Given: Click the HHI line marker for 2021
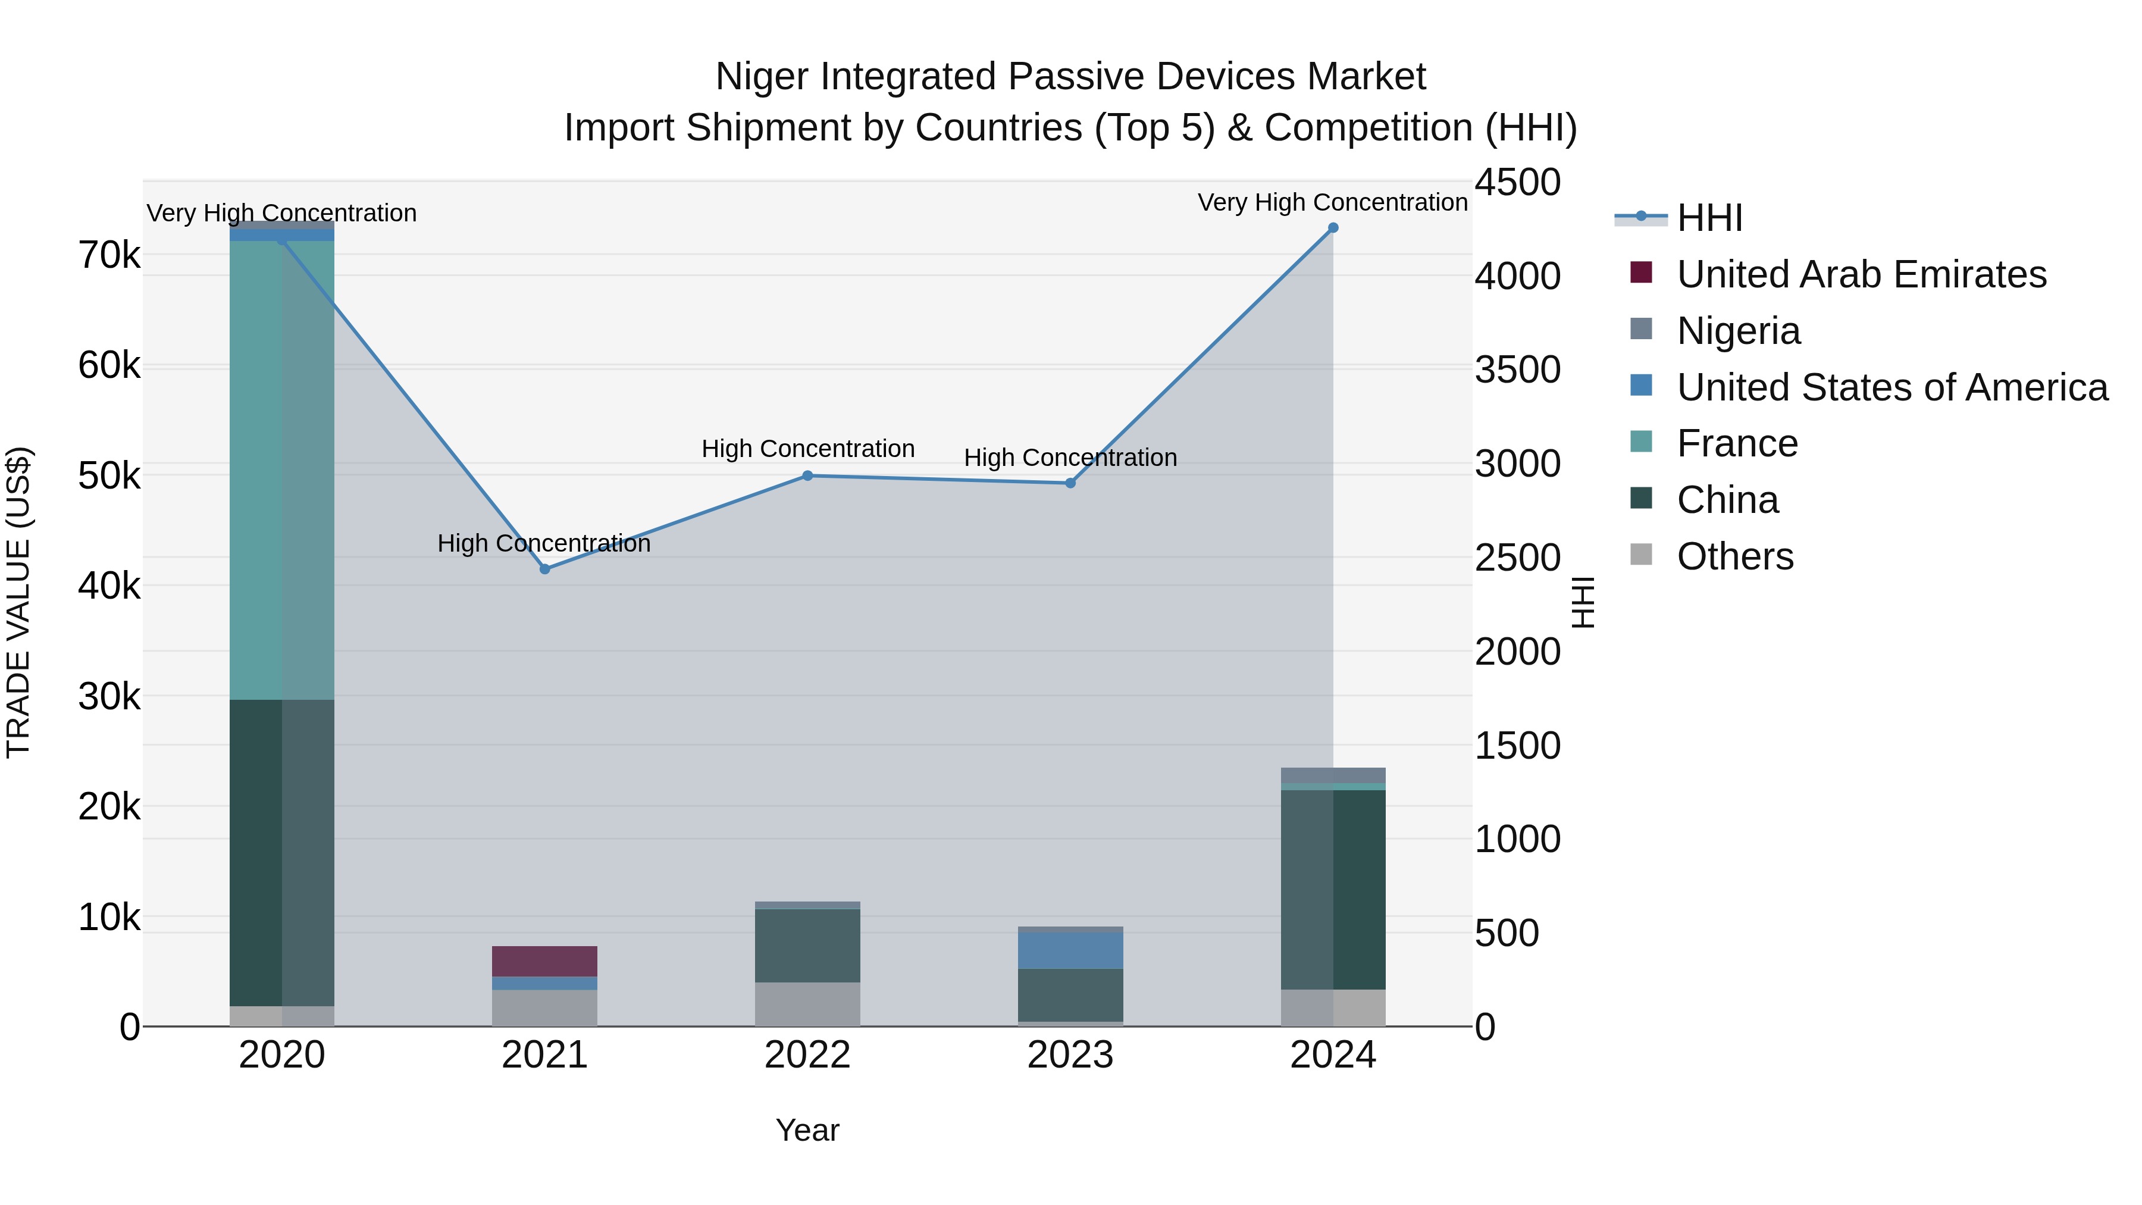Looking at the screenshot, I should click(x=544, y=569).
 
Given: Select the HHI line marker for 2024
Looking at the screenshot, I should click(x=1333, y=227).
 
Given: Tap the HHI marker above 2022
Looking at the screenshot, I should click(x=807, y=475).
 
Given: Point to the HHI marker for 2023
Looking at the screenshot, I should click(x=1070, y=483).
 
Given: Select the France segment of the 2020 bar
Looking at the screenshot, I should click(x=282, y=470).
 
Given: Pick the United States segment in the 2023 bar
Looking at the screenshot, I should click(x=1070, y=950).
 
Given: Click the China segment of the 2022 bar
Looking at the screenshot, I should click(x=807, y=946).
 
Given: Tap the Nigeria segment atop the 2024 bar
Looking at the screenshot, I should click(x=1333, y=774).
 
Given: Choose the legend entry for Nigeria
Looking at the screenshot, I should click(x=1738, y=331).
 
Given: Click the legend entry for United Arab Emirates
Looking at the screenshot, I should click(x=1861, y=274).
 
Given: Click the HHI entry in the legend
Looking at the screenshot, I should click(x=1709, y=218).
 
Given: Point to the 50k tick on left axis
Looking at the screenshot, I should click(x=109, y=477).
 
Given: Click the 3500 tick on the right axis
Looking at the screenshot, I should click(x=1517, y=370).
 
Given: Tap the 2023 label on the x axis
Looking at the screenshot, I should click(x=1070, y=1055).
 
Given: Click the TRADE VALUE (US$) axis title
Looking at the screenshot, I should click(x=18, y=602).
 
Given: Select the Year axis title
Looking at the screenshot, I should click(x=807, y=1130).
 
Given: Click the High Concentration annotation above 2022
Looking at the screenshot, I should click(x=807, y=449).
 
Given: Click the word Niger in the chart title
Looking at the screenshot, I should click(x=763, y=77).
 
